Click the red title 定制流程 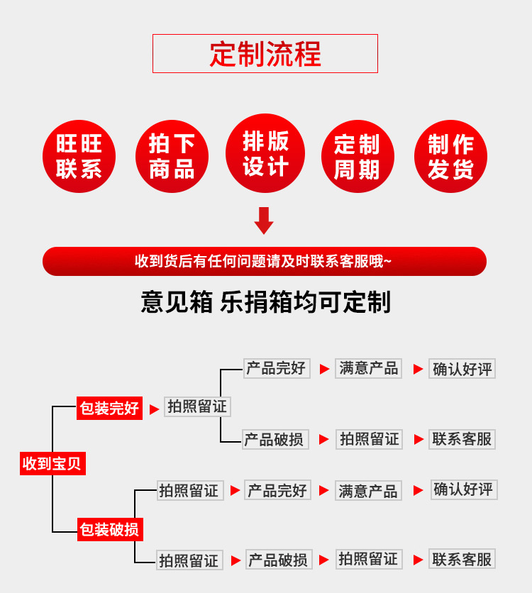(x=265, y=54)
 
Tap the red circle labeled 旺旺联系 (x=79, y=156)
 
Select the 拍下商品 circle (x=172, y=156)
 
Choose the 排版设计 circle (x=265, y=153)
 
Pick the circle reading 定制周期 (x=358, y=156)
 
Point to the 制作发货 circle (x=450, y=156)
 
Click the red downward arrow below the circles (x=264, y=220)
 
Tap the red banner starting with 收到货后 (x=264, y=261)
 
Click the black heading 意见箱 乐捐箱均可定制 (x=265, y=302)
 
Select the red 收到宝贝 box (x=52, y=464)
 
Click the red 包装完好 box (x=109, y=409)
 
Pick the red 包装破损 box (x=109, y=529)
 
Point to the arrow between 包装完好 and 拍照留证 (x=154, y=409)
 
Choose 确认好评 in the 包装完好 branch (x=462, y=369)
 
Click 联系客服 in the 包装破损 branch (x=462, y=559)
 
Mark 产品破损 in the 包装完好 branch (x=275, y=439)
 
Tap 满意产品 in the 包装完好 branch (x=368, y=369)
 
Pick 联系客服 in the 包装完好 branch (x=462, y=439)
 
